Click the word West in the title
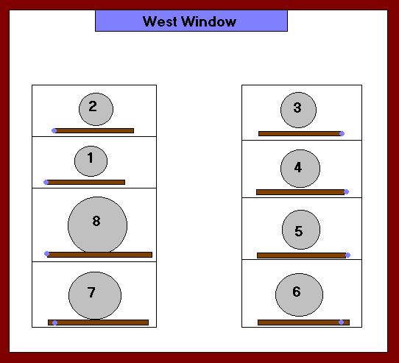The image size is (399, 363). pyautogui.click(x=160, y=21)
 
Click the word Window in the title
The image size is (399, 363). pyautogui.click(x=209, y=21)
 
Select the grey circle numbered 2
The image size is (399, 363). pyautogui.click(x=96, y=109)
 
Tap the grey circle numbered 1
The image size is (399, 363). pyautogui.click(x=91, y=161)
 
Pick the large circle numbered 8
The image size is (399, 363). pyautogui.click(x=97, y=225)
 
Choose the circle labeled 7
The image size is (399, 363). pyautogui.click(x=95, y=295)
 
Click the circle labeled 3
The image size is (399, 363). pyautogui.click(x=298, y=110)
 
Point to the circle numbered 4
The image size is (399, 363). pyautogui.click(x=300, y=169)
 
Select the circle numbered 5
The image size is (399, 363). pyautogui.click(x=301, y=230)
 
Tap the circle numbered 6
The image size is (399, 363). pyautogui.click(x=299, y=295)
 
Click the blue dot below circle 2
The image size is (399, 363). pyautogui.click(x=54, y=131)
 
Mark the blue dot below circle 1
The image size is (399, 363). pyautogui.click(x=46, y=183)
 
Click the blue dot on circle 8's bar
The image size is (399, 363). pyautogui.click(x=46, y=253)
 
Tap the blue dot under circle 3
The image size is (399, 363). pyautogui.click(x=342, y=134)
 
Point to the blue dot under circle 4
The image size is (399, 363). pyautogui.click(x=346, y=191)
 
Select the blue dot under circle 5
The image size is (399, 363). pyautogui.click(x=348, y=255)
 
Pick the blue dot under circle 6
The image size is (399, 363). pyautogui.click(x=342, y=323)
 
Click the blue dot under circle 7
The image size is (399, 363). pyautogui.click(x=54, y=323)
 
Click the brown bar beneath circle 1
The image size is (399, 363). pyautogui.click(x=85, y=183)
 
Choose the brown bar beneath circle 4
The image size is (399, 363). pyautogui.click(x=300, y=192)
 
